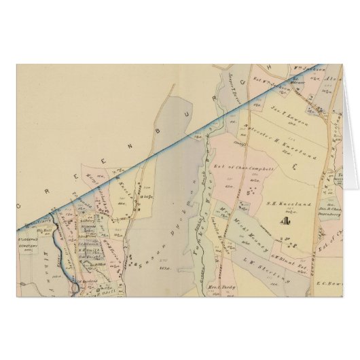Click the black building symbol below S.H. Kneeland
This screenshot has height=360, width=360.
click(x=285, y=219)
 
